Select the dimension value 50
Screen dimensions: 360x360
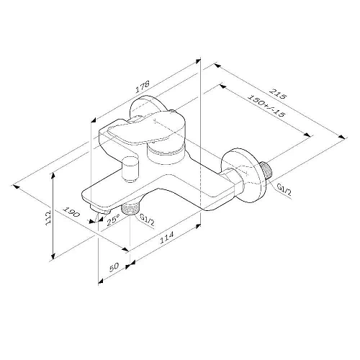coord(112,266)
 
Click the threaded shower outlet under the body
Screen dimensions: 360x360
coord(130,210)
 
